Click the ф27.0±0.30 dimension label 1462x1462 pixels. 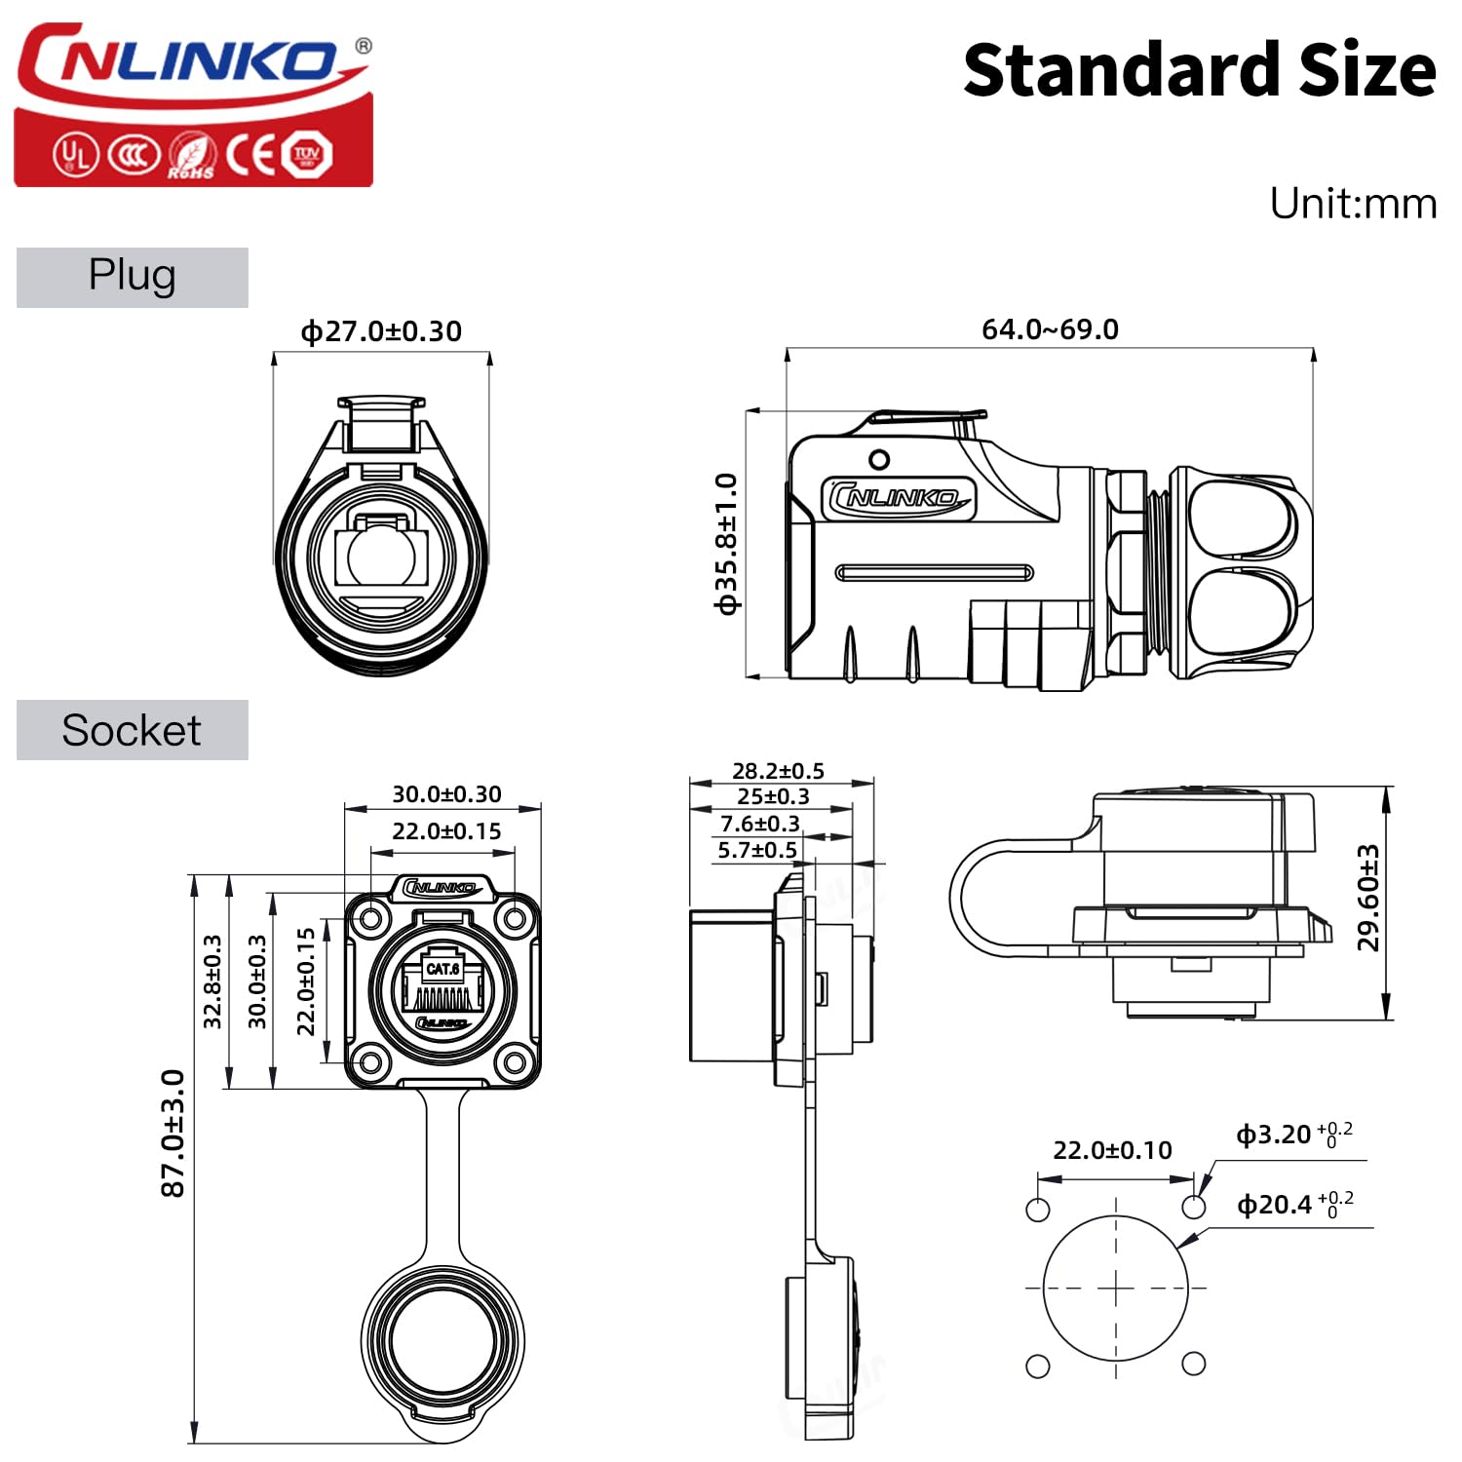point(381,331)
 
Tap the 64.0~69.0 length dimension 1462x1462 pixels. point(1050,329)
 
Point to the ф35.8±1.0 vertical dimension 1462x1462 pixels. point(727,544)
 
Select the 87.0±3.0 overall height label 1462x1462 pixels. point(173,1133)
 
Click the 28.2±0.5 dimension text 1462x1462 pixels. point(778,771)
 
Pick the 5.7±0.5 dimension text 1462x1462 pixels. point(757,850)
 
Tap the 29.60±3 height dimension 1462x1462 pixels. point(1368,898)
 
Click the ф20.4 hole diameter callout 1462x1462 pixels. point(1295,1205)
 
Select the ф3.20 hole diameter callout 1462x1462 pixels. point(1294,1135)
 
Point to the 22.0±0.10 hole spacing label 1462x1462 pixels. point(1112,1150)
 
